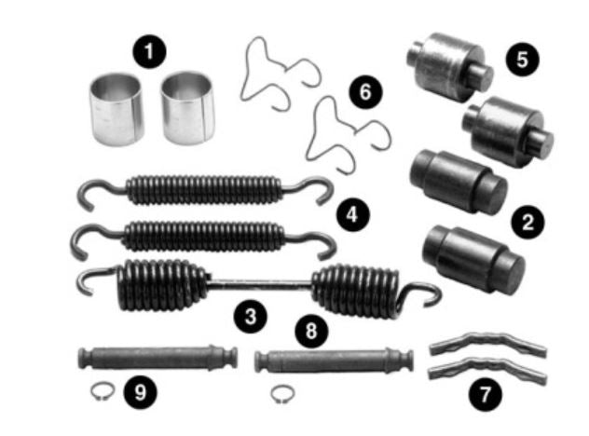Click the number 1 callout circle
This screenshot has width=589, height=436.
(x=149, y=51)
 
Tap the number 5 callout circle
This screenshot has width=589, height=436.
(x=522, y=60)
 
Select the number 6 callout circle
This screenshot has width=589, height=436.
(x=365, y=92)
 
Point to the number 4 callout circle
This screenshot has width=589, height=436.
(x=352, y=215)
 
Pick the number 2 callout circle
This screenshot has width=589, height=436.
(x=527, y=223)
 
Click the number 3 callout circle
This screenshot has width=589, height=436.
(x=250, y=316)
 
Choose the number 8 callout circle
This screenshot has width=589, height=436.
(x=311, y=332)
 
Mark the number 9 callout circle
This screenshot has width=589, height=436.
(x=140, y=392)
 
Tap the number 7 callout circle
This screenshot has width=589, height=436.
(x=485, y=395)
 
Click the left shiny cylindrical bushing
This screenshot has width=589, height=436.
(x=116, y=109)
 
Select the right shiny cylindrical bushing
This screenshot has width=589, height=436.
(x=187, y=108)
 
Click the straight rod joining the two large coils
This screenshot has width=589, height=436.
(x=259, y=285)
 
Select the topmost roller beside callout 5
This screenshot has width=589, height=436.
(x=449, y=67)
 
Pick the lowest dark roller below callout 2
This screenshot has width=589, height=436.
(x=473, y=259)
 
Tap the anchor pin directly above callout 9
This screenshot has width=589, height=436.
(x=158, y=358)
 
